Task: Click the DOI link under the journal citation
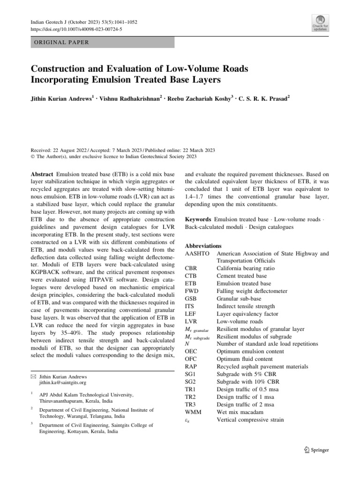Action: point(76,28)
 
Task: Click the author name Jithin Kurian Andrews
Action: point(60,100)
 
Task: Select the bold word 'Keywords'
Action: point(198,219)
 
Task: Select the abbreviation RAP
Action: point(191,367)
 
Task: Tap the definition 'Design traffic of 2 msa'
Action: point(245,405)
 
